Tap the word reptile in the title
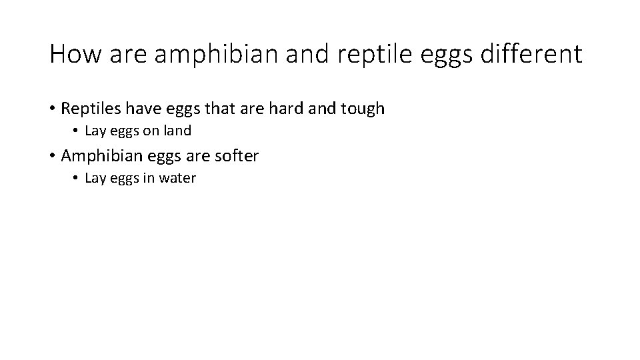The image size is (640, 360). (377, 54)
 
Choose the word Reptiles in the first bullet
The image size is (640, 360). (90, 109)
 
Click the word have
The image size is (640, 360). (142, 109)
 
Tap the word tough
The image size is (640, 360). (363, 109)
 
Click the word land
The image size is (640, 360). (178, 131)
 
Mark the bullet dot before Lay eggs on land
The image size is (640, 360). (77, 131)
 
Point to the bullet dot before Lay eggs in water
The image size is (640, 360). (77, 179)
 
